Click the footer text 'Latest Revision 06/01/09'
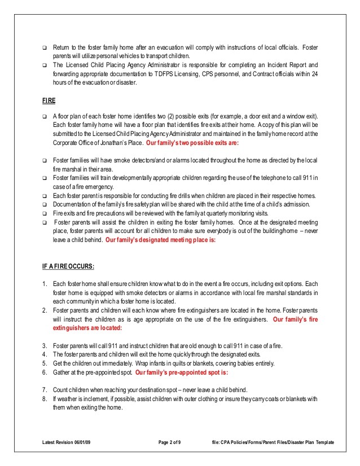click(x=66, y=443)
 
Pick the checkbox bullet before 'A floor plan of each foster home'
click(x=45, y=116)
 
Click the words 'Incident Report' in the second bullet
click(x=283, y=65)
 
